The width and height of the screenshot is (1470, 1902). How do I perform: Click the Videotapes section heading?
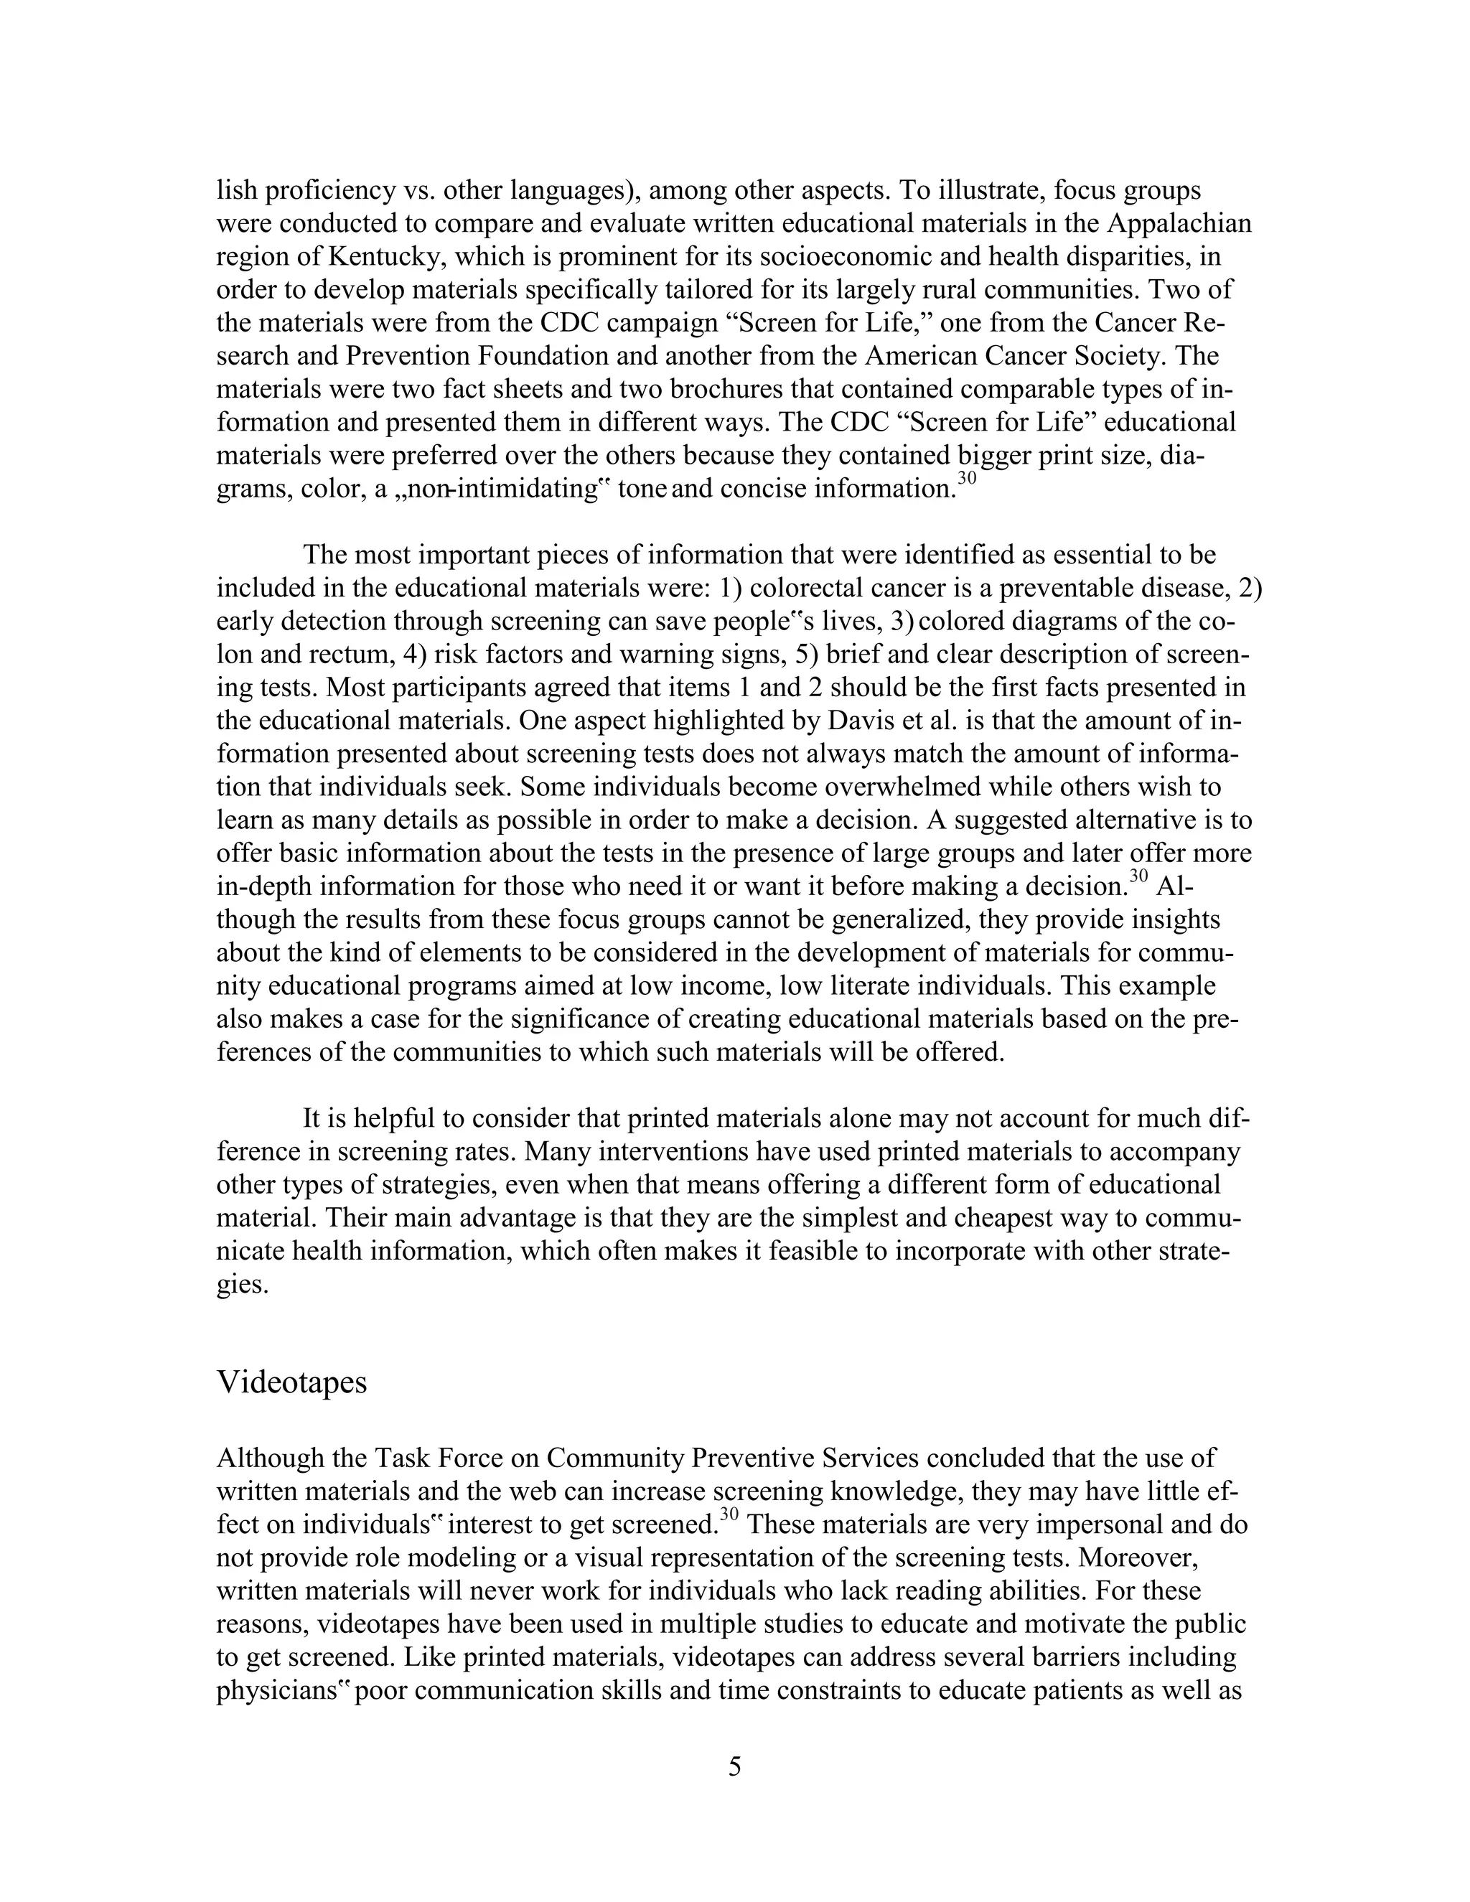click(x=291, y=1382)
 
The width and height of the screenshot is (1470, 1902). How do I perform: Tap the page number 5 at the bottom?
click(x=734, y=1766)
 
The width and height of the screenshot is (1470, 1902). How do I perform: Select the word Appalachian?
click(x=1179, y=224)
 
